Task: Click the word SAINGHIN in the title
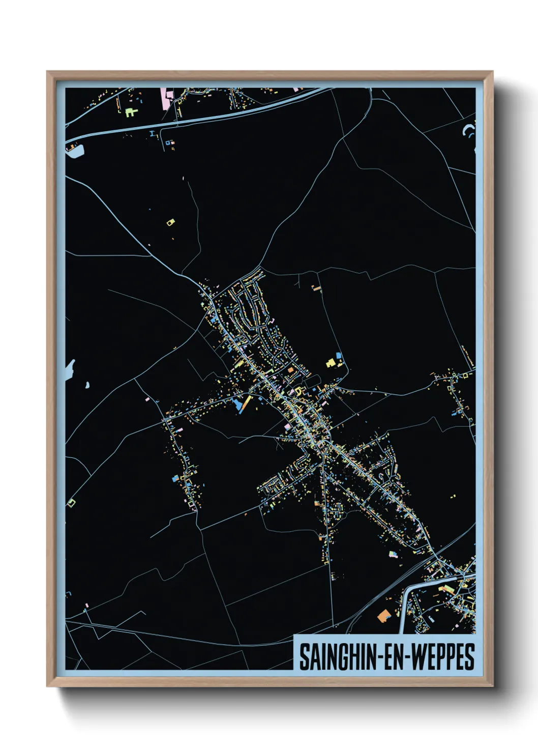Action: (336, 657)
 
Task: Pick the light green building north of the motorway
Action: (131, 111)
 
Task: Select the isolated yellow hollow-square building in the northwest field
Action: (170, 222)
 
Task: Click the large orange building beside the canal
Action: (383, 615)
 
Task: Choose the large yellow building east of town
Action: (331, 363)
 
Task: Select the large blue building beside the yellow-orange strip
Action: (236, 404)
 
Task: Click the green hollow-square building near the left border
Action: (71, 503)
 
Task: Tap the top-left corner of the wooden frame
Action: (48, 72)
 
